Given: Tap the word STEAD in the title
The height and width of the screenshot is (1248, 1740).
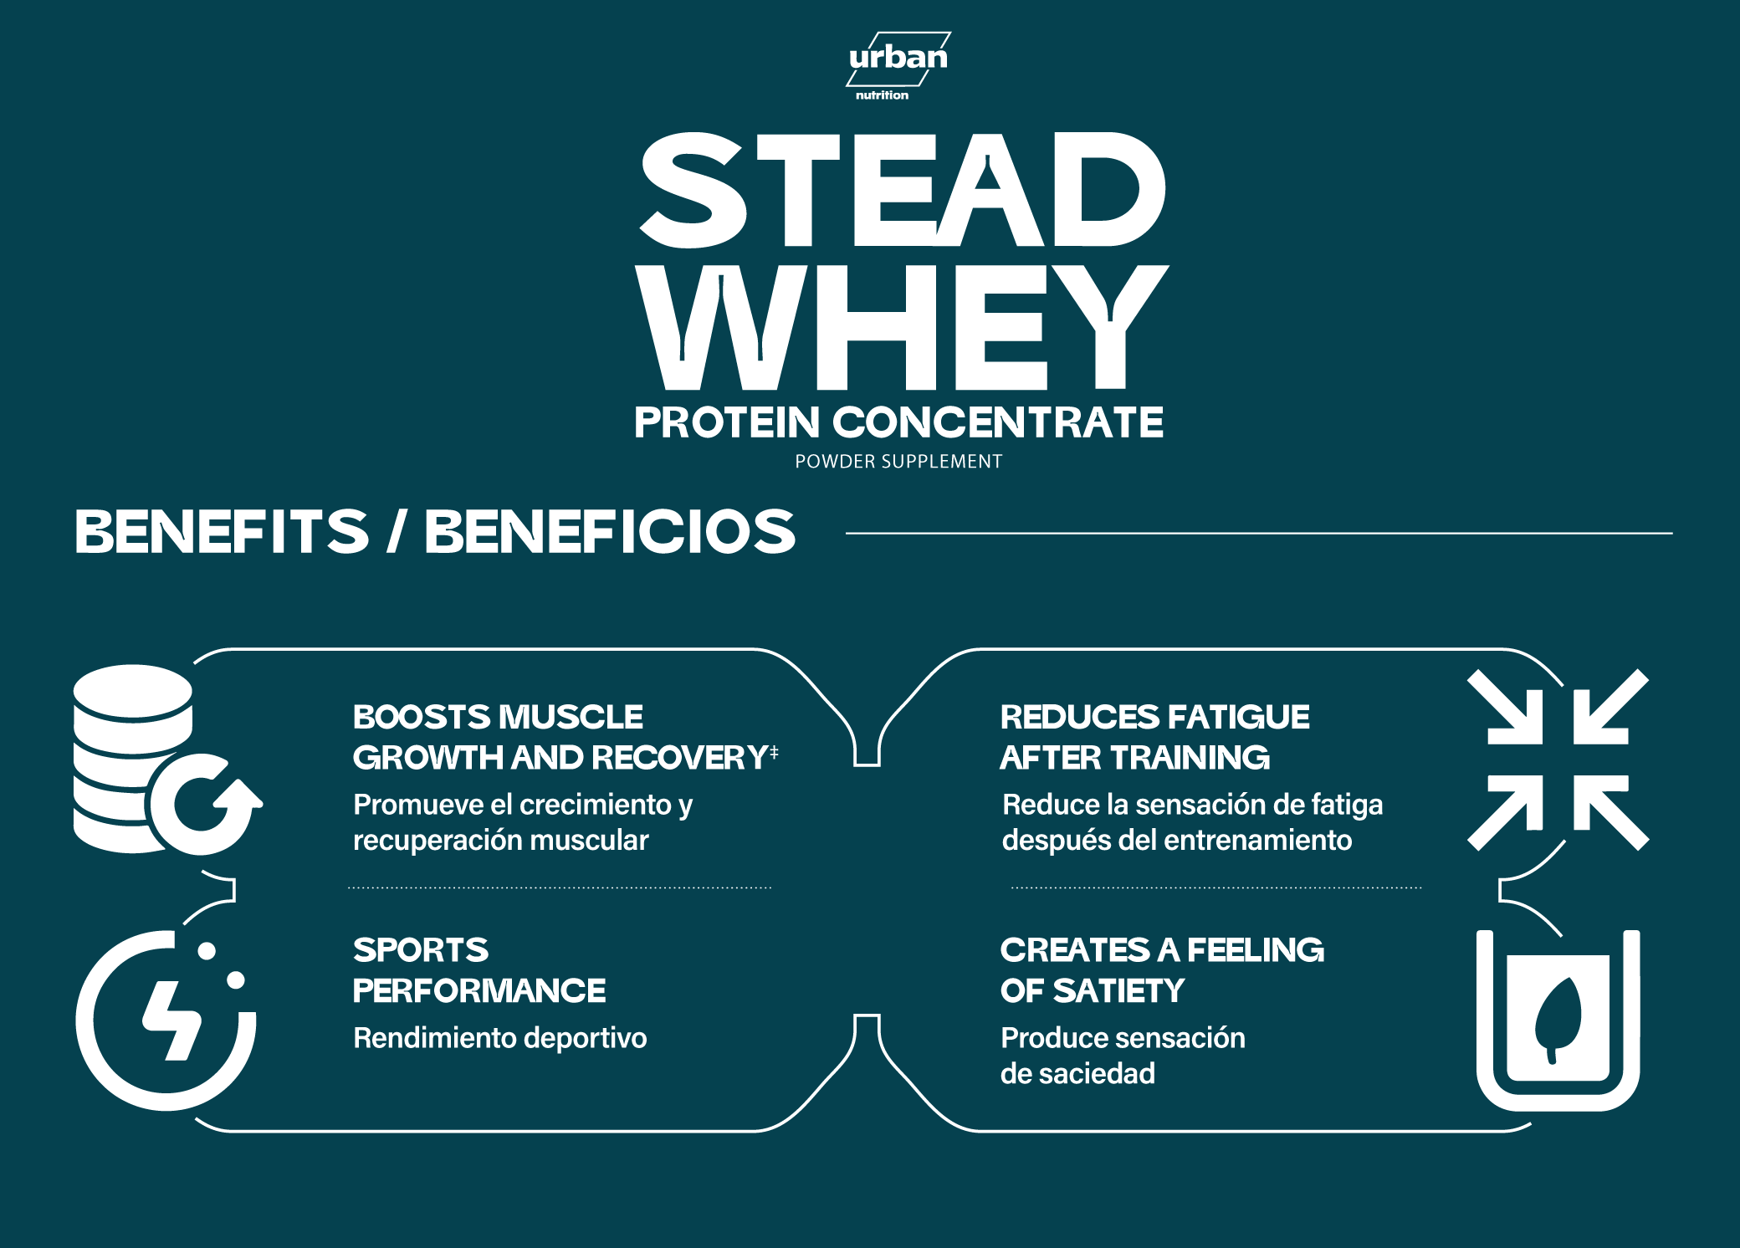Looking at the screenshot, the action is coord(903,190).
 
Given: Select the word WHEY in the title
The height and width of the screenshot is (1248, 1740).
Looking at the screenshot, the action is coord(902,327).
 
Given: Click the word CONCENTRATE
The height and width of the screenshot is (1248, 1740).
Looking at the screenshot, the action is coord(998,422).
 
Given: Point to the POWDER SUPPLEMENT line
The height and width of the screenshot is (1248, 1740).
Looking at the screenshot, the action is coord(898,462).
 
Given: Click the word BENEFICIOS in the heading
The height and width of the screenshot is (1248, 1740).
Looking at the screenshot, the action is coord(610,531).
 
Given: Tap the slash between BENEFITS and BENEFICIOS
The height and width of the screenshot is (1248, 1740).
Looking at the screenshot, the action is coord(397,531).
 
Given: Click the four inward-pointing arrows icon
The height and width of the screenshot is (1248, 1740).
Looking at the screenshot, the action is coord(1558,760).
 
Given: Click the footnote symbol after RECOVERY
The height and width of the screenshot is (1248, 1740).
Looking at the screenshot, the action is coord(774,752).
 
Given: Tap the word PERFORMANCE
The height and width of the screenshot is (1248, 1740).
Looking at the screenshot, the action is coord(479,991).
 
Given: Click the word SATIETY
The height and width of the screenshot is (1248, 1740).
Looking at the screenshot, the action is coord(1118,991).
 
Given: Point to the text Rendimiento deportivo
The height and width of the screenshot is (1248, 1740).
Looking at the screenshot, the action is coord(500,1038).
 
